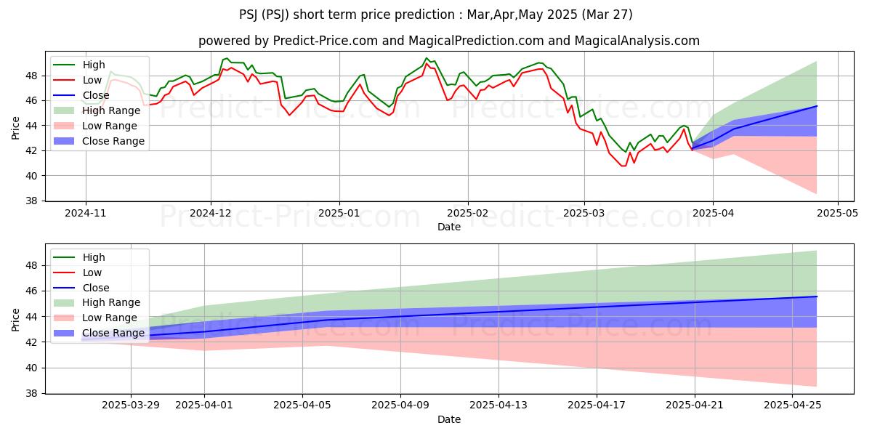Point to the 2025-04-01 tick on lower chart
coord(204,405)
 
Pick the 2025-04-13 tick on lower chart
coord(498,405)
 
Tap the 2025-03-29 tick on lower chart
coord(131,405)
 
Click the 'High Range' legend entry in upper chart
coord(102,110)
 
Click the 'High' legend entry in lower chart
coord(94,257)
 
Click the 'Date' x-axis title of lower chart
coord(448,419)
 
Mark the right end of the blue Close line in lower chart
coord(817,296)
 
